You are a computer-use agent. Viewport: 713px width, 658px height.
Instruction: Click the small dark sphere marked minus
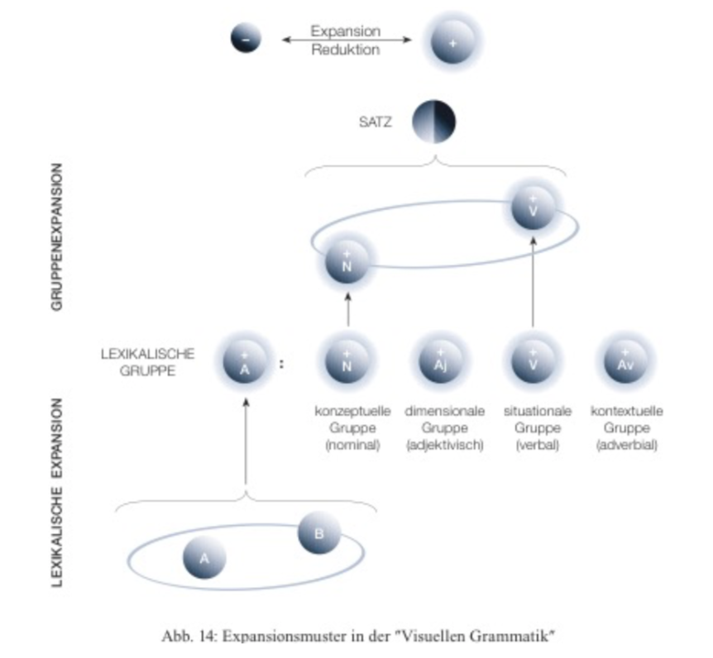pos(246,39)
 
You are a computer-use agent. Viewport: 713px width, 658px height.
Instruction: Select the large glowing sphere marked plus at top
pos(452,41)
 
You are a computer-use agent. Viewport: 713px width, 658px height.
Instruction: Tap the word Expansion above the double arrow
pos(345,31)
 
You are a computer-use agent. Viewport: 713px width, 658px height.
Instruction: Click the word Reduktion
pos(346,50)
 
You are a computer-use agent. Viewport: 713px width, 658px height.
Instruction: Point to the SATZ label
pos(376,122)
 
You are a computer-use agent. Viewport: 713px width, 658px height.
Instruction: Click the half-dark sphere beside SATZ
pos(434,122)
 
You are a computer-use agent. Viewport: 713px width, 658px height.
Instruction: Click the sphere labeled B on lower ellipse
pos(319,533)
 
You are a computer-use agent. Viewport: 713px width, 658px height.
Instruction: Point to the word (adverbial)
pos(625,446)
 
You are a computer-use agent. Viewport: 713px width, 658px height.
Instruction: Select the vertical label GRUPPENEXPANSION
pos(57,236)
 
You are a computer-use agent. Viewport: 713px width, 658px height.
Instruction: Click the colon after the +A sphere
pos(281,363)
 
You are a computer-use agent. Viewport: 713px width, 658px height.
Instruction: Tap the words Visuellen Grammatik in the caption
pos(484,636)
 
